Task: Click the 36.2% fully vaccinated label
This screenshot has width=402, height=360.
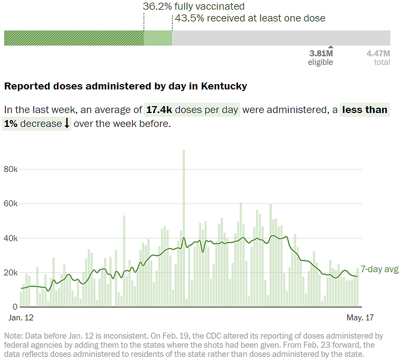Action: tap(193, 6)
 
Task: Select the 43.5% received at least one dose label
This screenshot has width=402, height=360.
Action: tap(249, 18)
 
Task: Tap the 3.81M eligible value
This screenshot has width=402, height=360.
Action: tap(321, 54)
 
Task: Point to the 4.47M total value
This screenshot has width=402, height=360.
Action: tap(378, 54)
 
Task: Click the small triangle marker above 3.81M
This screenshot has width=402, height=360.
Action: tap(330, 47)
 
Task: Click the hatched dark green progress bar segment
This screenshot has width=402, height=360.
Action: tap(74, 38)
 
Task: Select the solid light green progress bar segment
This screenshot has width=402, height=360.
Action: tap(158, 38)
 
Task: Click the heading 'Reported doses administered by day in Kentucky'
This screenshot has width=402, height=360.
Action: tap(125, 86)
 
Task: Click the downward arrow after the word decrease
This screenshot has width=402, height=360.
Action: tap(67, 124)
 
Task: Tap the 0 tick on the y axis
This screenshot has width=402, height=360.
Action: tap(15, 307)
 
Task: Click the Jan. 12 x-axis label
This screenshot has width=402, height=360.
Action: tap(21, 318)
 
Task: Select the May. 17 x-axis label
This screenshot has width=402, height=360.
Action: tap(360, 318)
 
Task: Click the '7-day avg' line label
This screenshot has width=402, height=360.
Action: tap(379, 269)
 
